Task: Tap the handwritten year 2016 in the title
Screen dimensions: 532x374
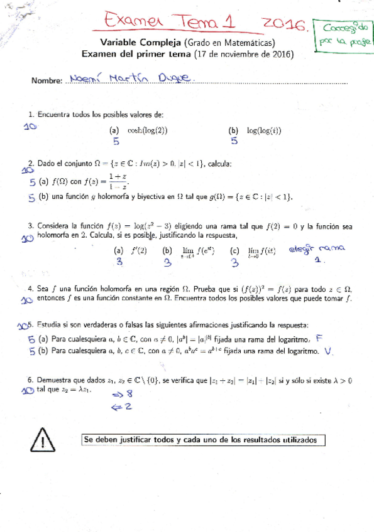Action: coord(283,24)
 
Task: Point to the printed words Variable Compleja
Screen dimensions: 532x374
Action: coord(140,43)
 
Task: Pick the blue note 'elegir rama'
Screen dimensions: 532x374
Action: coord(318,249)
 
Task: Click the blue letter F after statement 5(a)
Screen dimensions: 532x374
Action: coord(319,338)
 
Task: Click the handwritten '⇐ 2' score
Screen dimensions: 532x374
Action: coord(122,407)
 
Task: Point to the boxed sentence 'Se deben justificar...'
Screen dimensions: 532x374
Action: coord(204,440)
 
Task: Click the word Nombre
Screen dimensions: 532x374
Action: coord(46,81)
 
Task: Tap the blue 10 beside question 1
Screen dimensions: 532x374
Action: coord(30,126)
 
